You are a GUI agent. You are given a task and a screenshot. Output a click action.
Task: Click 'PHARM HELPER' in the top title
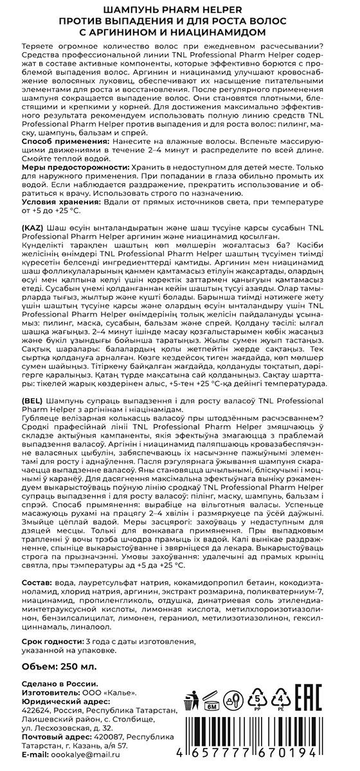point(215,9)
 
